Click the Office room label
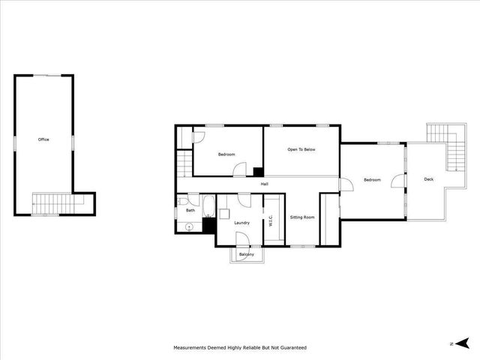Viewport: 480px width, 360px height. (43, 139)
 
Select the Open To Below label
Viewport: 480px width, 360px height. (301, 150)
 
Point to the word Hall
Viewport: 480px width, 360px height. (265, 184)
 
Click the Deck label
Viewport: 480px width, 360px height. (428, 179)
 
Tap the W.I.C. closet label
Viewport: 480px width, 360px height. (271, 220)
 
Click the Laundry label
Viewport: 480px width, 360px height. (241, 223)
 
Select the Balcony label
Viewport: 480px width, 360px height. (246, 255)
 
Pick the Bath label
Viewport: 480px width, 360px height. (190, 211)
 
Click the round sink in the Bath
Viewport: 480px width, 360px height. (189, 225)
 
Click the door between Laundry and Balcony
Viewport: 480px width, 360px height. (243, 240)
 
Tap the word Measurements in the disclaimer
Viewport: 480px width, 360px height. (192, 348)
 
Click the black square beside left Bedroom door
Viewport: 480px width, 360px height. (258, 172)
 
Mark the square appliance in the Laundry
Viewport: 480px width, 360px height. (209, 224)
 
